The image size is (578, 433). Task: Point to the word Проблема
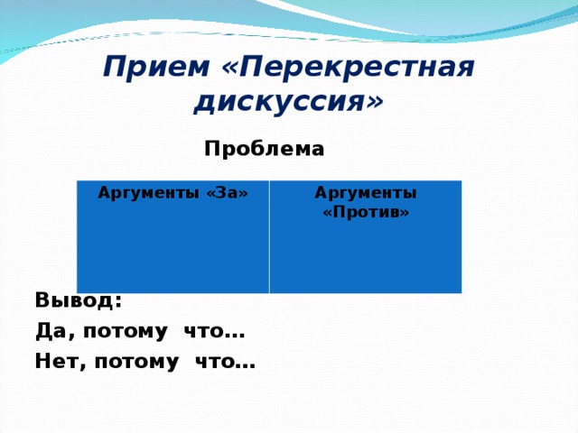tap(264, 147)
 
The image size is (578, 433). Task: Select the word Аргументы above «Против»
tap(366, 193)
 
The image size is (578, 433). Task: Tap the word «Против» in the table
tap(366, 212)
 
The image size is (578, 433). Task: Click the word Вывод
tap(75, 299)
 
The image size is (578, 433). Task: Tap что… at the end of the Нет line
tap(225, 363)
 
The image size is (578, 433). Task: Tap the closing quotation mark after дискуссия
tap(373, 101)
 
